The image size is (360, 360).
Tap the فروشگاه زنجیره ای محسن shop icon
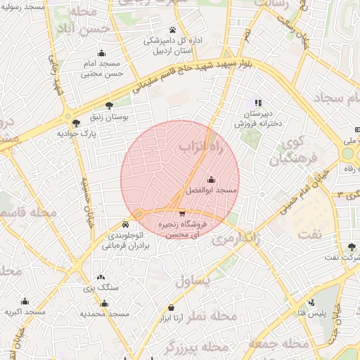click(x=182, y=213)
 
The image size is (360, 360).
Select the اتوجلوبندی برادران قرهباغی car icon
click(x=126, y=224)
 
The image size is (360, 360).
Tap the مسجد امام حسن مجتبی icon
click(x=102, y=53)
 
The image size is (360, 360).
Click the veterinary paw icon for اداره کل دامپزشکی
click(x=172, y=30)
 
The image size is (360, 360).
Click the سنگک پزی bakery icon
click(x=101, y=278)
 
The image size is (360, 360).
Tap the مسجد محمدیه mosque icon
click(x=104, y=304)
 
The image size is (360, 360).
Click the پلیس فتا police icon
click(x=307, y=301)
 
